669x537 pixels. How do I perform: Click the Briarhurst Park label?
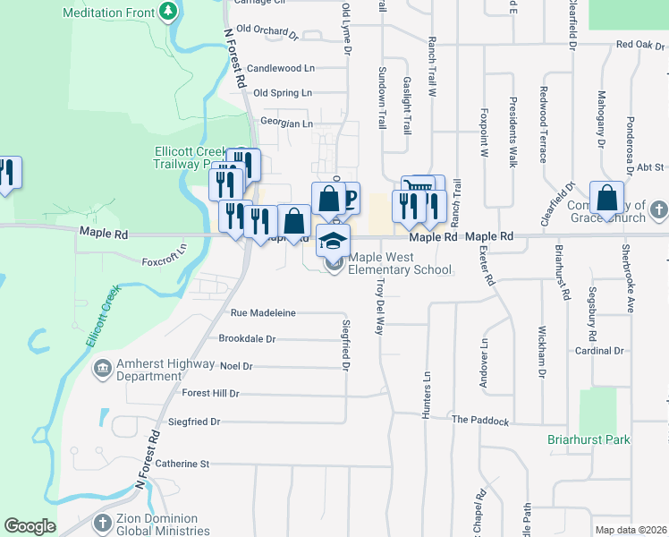coord(589,439)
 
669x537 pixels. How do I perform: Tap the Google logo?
coord(30,525)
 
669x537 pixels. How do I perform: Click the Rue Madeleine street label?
coord(263,313)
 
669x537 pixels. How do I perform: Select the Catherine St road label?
coord(182,464)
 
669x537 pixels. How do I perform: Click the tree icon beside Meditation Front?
coord(167,11)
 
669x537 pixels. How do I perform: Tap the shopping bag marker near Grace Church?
coord(606,199)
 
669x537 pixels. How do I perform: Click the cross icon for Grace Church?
coord(657,211)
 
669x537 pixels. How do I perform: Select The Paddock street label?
coord(479,420)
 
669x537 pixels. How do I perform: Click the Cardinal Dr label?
coord(599,351)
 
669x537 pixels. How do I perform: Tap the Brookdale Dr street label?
coord(247,339)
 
